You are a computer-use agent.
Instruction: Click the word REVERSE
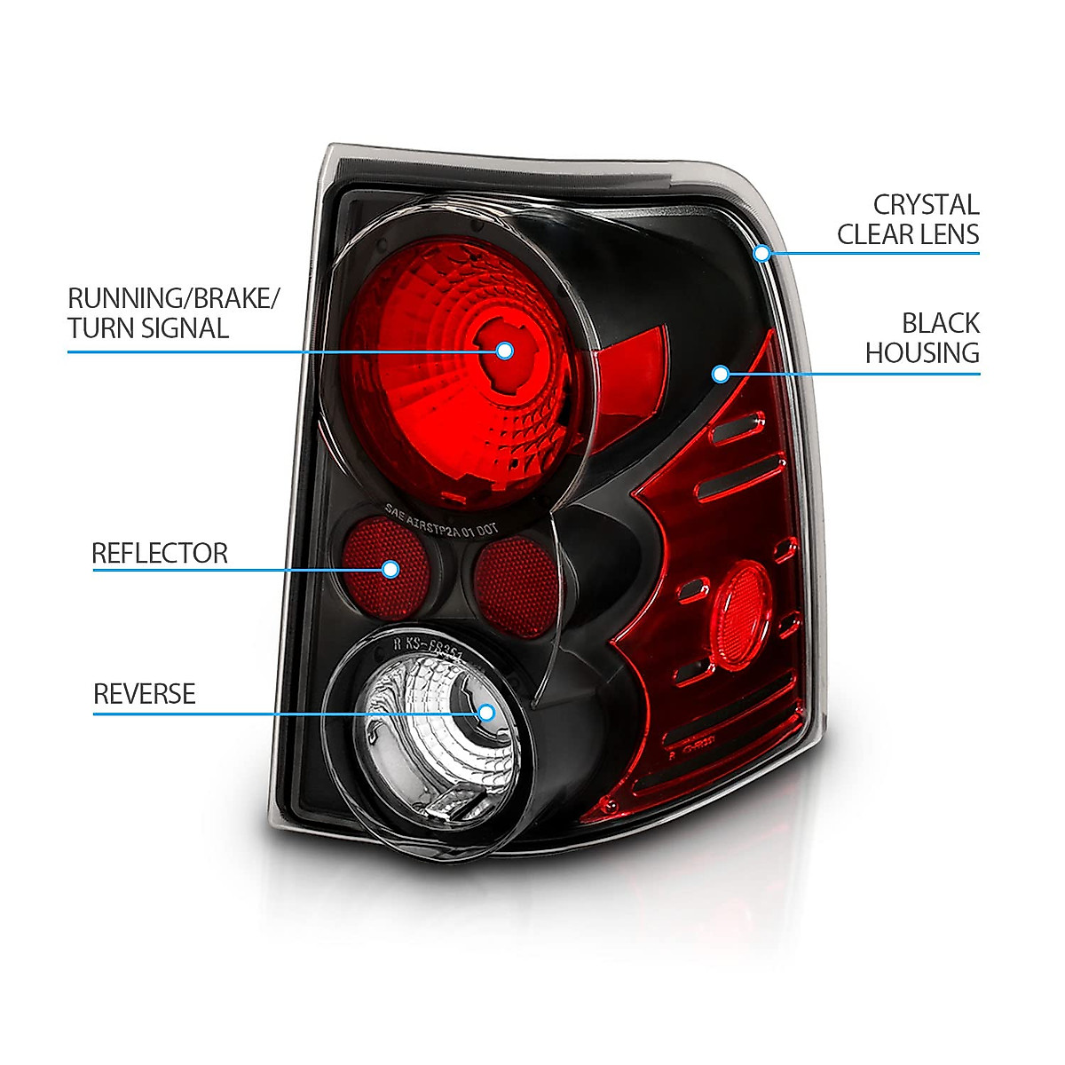coord(144,693)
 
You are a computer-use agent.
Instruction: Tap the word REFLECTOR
coord(160,553)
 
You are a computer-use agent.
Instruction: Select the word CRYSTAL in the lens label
coord(926,205)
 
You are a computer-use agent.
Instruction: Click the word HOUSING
coord(922,353)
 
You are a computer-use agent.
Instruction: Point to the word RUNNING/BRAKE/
coord(173,298)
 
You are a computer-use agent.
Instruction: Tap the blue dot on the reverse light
coord(485,712)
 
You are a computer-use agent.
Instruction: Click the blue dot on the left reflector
coord(390,569)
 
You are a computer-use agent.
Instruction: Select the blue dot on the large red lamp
coord(504,350)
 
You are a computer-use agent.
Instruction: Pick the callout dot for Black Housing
coord(721,375)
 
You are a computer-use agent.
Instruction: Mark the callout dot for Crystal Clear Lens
coord(761,253)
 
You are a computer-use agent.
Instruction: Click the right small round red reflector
coord(515,586)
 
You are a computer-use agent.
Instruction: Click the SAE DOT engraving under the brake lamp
coord(441,521)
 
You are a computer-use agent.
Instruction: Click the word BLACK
coord(941,323)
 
